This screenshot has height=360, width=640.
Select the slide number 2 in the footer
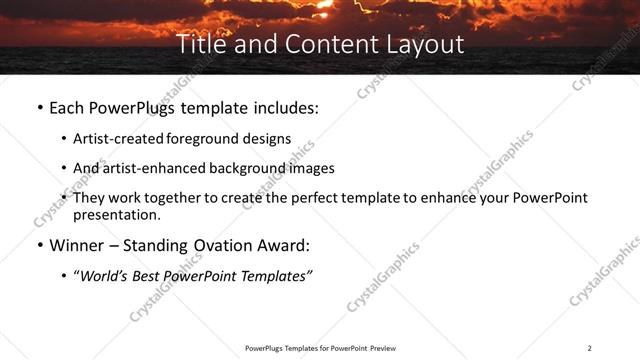click(589, 348)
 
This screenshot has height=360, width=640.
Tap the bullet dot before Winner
click(38, 245)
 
